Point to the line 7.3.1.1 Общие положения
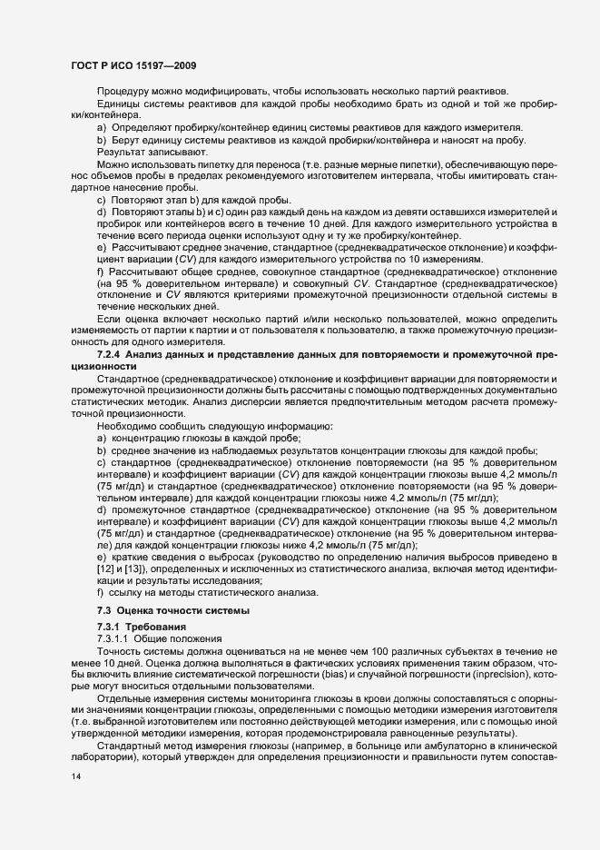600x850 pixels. click(x=152, y=639)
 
